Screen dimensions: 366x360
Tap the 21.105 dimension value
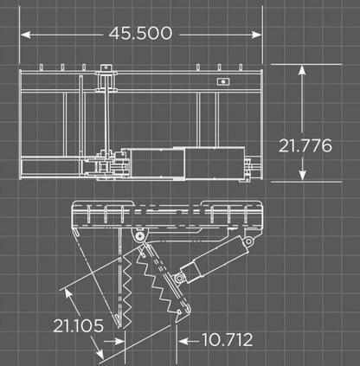coord(79,326)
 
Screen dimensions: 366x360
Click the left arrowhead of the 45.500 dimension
coord(24,34)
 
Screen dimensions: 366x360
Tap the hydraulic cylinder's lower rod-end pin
coord(179,278)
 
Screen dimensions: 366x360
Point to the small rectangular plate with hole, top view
coord(222,83)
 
